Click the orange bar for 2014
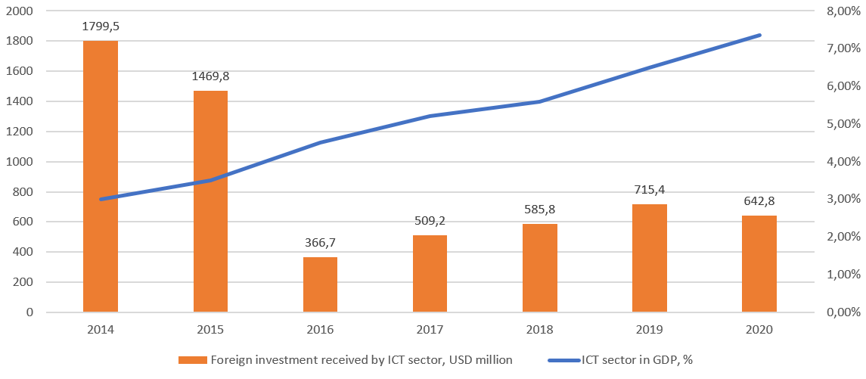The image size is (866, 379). [101, 176]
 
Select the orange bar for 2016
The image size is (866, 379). [320, 284]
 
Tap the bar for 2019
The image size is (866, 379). [650, 258]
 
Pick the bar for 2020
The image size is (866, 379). [759, 263]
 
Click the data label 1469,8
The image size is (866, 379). [210, 76]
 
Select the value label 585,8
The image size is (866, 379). [539, 210]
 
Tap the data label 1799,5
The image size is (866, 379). [101, 26]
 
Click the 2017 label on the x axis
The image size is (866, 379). [430, 330]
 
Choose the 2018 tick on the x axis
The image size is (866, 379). [539, 330]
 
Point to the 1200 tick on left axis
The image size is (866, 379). [20, 132]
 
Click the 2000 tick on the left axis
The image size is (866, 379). [20, 11]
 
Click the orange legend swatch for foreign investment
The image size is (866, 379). [192, 360]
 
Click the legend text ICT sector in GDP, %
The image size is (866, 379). [637, 360]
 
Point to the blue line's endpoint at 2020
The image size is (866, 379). [759, 35]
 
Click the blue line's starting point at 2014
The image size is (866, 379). [101, 199]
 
